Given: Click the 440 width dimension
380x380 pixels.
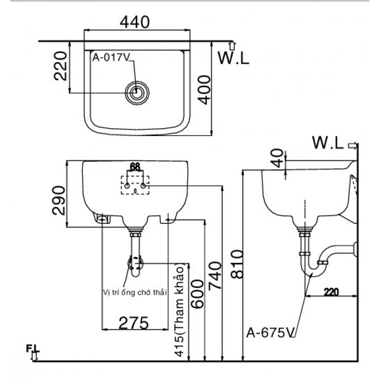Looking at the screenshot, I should point(135,22).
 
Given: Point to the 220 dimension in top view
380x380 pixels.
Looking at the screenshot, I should point(61,66).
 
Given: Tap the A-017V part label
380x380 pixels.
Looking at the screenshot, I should point(109,57).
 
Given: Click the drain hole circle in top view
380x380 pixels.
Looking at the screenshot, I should point(137,92).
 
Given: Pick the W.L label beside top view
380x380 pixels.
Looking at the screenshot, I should point(233,58).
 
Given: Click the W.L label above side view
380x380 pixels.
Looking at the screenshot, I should point(329,144).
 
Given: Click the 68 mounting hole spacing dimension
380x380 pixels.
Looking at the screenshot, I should point(135,167).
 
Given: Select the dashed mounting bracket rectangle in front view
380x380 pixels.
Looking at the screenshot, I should point(135,185).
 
